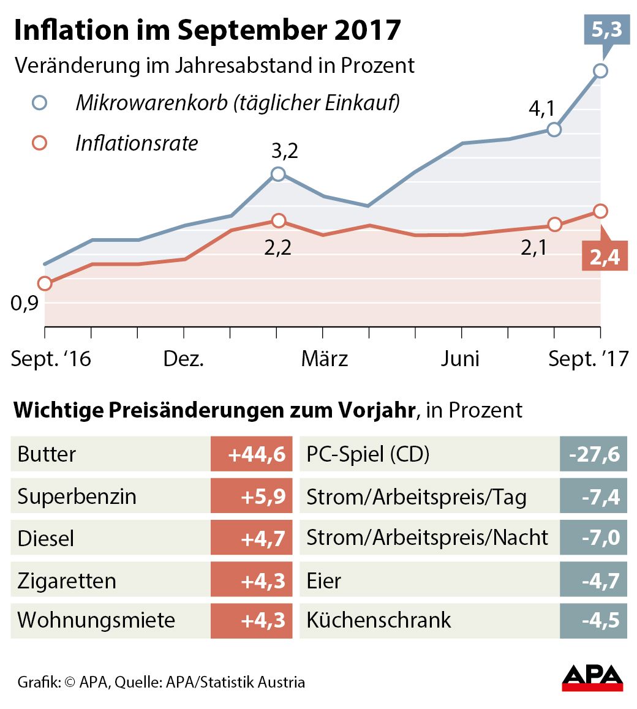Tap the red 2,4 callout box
pyautogui.click(x=605, y=258)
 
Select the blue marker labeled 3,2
pyautogui.click(x=278, y=174)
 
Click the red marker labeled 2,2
pyautogui.click(x=278, y=220)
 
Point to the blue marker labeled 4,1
pyautogui.click(x=554, y=129)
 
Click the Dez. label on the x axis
pyautogui.click(x=183, y=359)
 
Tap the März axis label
pyautogui.click(x=324, y=359)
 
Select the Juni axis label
pyautogui.click(x=460, y=359)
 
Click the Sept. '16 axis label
pyautogui.click(x=51, y=359)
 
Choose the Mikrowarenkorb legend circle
pyautogui.click(x=40, y=102)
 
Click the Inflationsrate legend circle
pyautogui.click(x=40, y=143)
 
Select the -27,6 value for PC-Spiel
pyautogui.click(x=594, y=454)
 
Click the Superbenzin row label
pyautogui.click(x=77, y=496)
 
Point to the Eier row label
pyautogui.click(x=324, y=580)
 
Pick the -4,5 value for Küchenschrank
pyautogui.click(x=594, y=620)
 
